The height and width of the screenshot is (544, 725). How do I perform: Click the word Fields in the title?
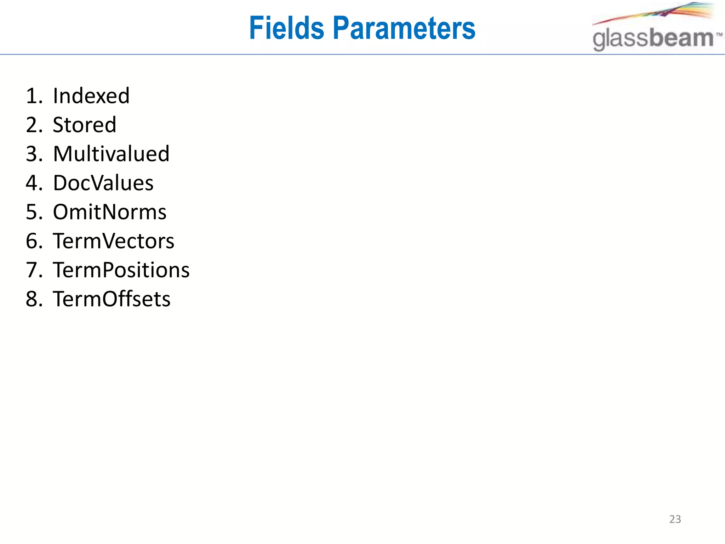coord(286,28)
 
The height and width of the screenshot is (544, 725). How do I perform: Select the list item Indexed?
coord(91,96)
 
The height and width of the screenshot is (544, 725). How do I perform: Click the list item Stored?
coord(85,125)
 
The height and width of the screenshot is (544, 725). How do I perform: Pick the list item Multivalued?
coord(111,154)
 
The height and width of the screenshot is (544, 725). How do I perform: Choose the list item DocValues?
coord(103,183)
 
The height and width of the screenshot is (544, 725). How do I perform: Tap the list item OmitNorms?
coord(110,212)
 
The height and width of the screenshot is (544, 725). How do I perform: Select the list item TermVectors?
coord(114,241)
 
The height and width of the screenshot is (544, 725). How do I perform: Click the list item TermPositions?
coord(121,270)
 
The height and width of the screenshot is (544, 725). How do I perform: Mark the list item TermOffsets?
coord(112,299)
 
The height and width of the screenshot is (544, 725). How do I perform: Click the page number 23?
coord(675,519)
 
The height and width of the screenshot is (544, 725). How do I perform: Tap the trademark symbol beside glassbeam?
coord(719,34)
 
